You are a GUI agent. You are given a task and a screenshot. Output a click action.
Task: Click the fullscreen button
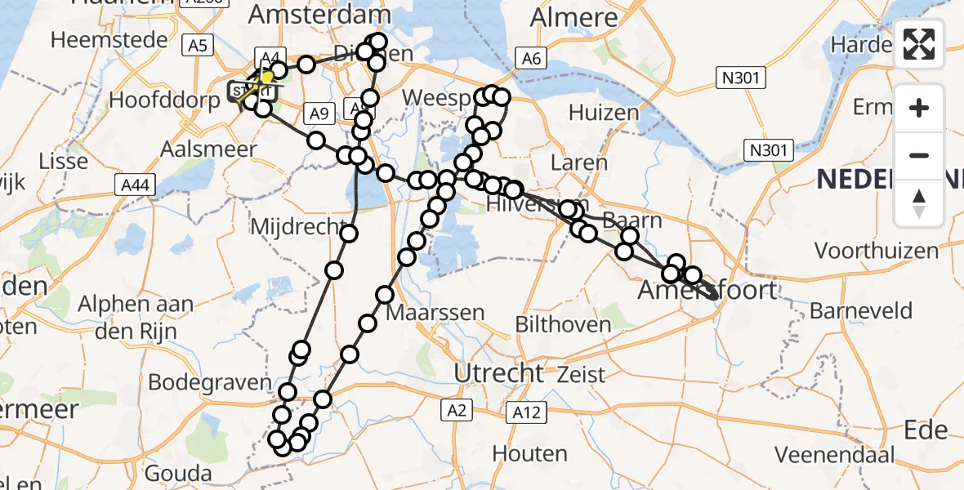(x=919, y=44)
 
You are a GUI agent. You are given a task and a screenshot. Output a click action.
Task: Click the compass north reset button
(x=919, y=204)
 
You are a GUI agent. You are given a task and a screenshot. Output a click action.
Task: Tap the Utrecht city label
(x=498, y=374)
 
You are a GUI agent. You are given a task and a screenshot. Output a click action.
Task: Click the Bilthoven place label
(x=563, y=324)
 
